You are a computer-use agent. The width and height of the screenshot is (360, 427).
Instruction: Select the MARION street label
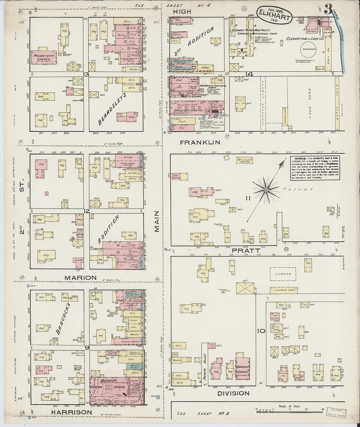click(x=81, y=278)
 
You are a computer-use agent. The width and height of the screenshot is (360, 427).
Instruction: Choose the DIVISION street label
click(x=233, y=393)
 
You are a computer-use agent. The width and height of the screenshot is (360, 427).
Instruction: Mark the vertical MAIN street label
click(x=157, y=222)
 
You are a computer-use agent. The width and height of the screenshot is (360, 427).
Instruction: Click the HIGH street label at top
click(x=182, y=11)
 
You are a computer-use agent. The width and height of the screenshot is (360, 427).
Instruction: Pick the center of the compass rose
click(x=267, y=190)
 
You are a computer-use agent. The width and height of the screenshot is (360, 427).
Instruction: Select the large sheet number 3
click(x=328, y=10)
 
